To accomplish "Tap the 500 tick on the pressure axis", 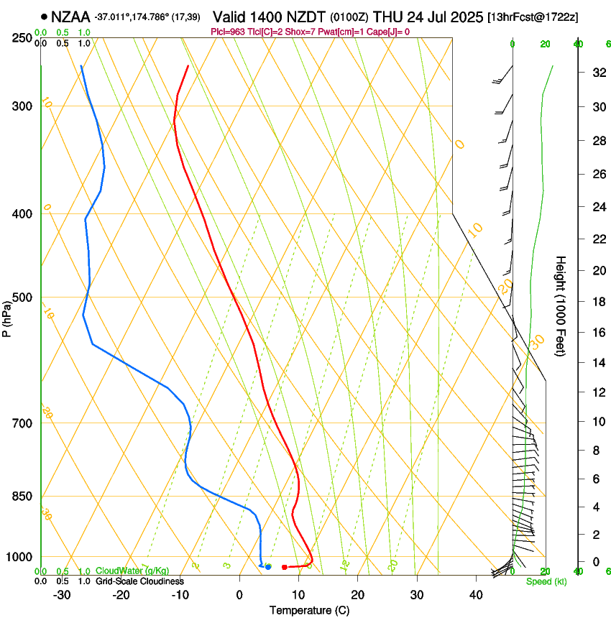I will [x=23, y=298].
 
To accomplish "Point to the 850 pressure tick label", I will [x=23, y=497].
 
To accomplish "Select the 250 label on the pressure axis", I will [x=23, y=37].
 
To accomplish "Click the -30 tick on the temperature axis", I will [x=62, y=594].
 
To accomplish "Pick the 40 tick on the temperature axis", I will [x=476, y=594].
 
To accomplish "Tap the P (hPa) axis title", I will [x=6, y=315].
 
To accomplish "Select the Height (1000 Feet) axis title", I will [x=561, y=305].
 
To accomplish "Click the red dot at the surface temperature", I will [x=285, y=568].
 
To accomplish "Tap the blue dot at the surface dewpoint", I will [x=268, y=567].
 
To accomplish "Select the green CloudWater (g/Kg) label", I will [x=132, y=571].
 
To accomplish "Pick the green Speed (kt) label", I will [x=543, y=581].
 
